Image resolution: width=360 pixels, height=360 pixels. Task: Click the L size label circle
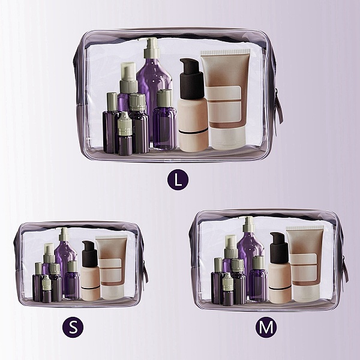point(178,179)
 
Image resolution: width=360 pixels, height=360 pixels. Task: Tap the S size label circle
point(73,327)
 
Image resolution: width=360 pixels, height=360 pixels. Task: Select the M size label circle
point(266,327)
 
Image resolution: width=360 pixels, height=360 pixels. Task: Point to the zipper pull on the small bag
point(145,272)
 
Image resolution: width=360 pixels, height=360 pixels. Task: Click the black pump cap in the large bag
point(191,79)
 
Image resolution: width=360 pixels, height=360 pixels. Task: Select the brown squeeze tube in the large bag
point(225,99)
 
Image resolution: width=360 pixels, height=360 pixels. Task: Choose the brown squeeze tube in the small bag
point(112,268)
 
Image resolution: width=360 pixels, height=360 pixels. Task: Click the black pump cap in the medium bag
point(278,247)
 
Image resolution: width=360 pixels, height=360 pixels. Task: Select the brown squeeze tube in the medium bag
point(305,264)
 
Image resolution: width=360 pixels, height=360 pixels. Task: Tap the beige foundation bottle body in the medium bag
point(280,283)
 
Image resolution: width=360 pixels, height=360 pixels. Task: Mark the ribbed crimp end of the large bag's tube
point(226,52)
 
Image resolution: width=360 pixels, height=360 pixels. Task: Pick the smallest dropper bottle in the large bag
point(125,134)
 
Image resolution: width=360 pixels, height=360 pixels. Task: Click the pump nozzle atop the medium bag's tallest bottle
point(248,224)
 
